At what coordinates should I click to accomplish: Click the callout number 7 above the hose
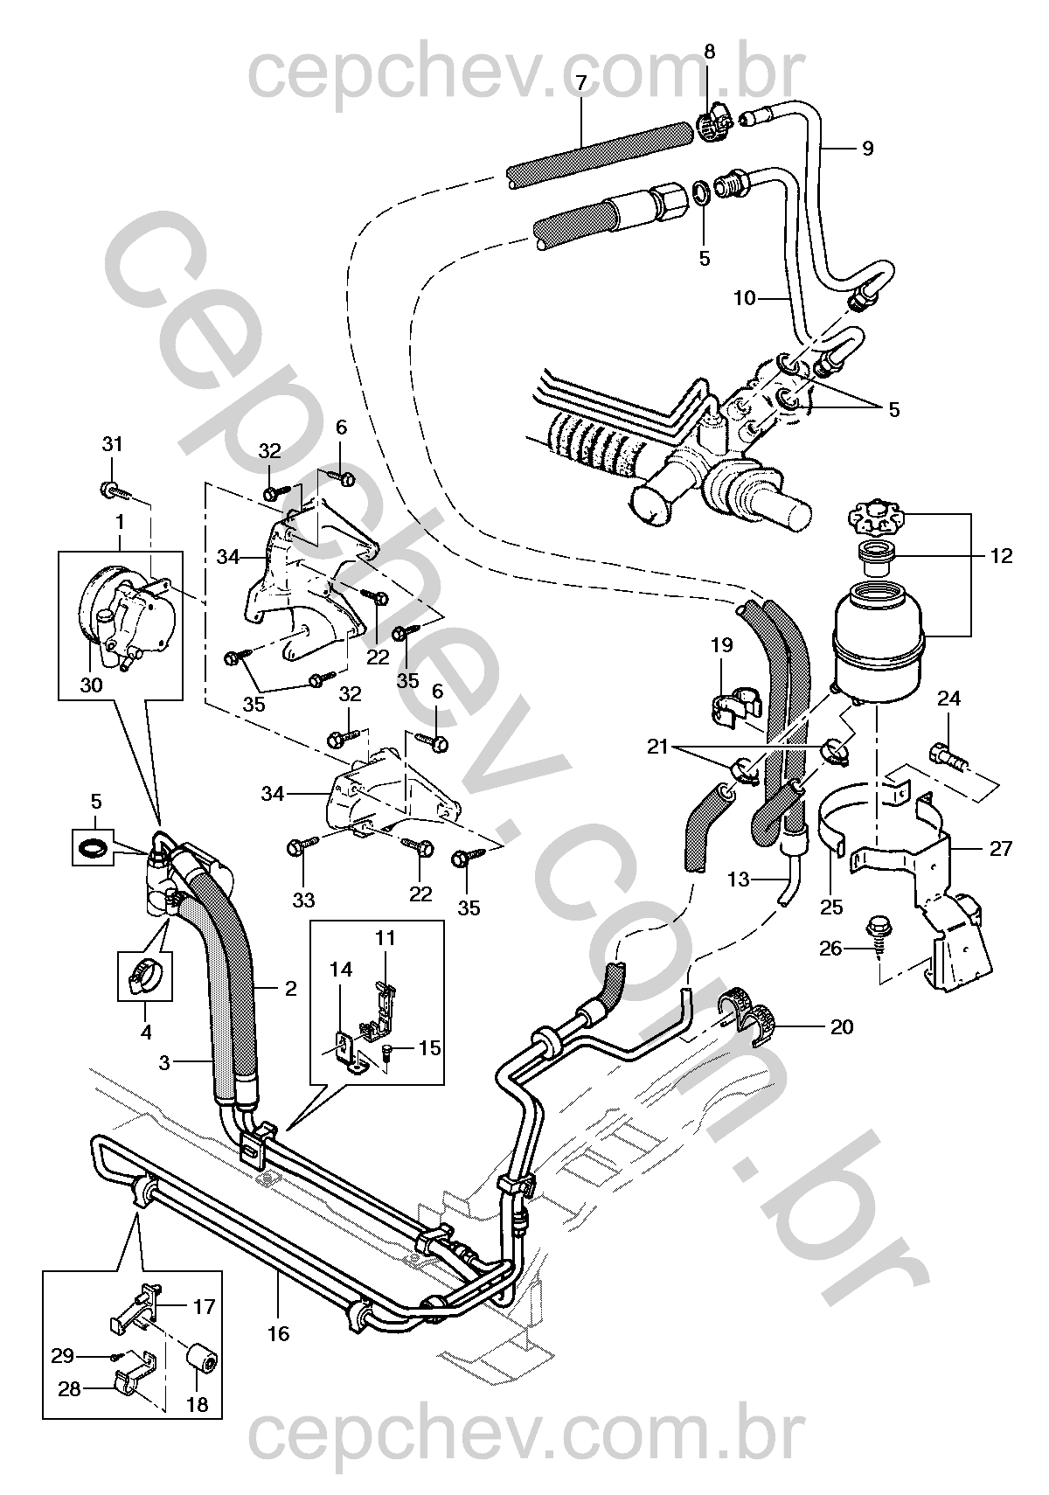[580, 83]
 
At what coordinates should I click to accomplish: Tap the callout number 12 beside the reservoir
[1001, 556]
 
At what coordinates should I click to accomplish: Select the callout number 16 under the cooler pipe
[278, 1333]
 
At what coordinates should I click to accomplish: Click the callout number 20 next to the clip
[842, 1026]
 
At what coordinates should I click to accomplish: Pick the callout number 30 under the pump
[92, 685]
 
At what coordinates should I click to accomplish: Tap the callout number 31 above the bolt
[112, 444]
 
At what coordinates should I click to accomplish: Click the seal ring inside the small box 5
[93, 848]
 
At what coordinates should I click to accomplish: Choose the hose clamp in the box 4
[145, 977]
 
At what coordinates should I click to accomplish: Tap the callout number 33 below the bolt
[303, 900]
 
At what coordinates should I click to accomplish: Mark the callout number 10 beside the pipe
[745, 297]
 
